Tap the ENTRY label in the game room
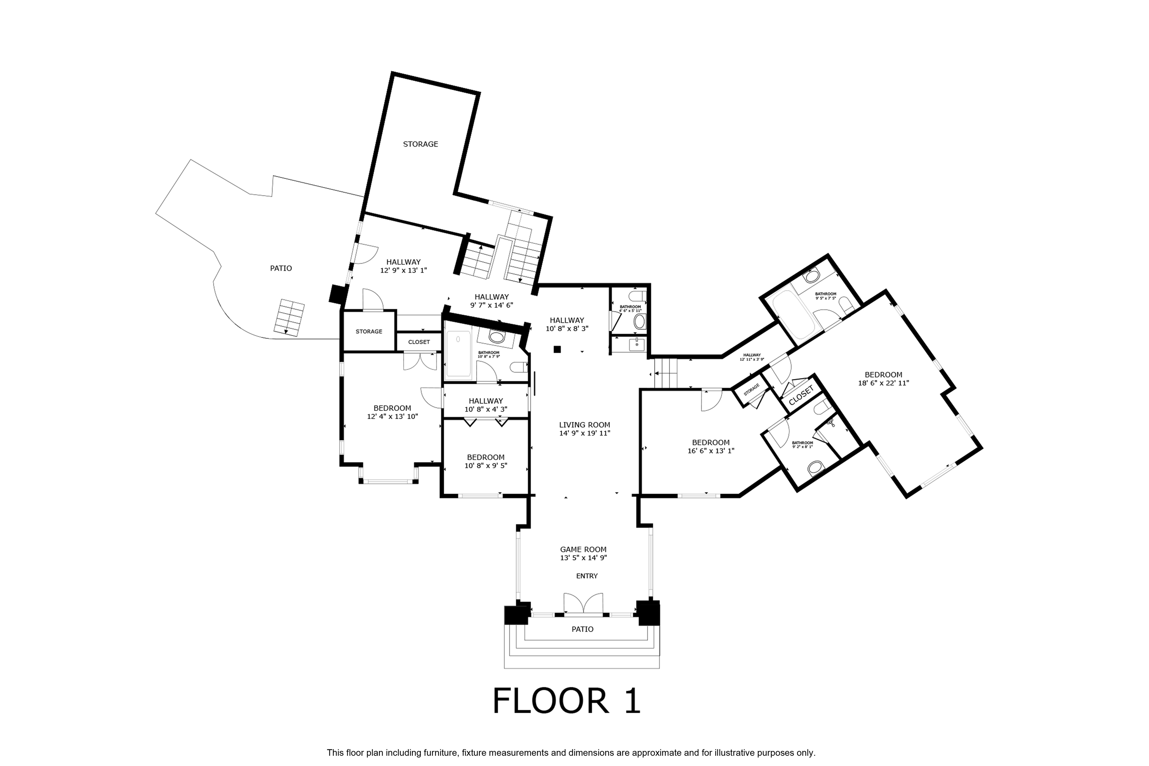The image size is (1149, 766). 587,576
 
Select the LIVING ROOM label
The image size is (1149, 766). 584,425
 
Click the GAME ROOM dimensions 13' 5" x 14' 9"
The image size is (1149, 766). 583,558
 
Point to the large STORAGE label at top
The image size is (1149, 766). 420,144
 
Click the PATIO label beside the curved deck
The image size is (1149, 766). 281,268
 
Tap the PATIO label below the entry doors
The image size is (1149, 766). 582,629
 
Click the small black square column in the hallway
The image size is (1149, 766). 557,349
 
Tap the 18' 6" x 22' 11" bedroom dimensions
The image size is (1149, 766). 883,384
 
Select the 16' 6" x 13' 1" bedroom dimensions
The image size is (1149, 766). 711,451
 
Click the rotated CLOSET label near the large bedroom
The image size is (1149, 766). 801,395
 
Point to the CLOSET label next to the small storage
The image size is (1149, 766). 419,342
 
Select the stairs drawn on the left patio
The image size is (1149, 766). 289,318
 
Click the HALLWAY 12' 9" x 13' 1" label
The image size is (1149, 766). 404,266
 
